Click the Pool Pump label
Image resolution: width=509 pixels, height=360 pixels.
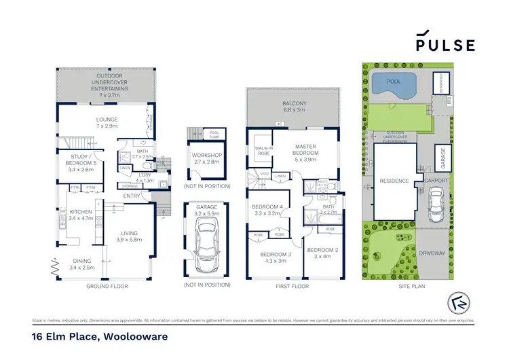click(x=216, y=134)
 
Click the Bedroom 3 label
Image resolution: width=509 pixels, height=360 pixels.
click(x=274, y=257)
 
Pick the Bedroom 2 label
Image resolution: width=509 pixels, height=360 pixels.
click(x=322, y=253)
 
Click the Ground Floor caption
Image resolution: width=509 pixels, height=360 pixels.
click(x=107, y=286)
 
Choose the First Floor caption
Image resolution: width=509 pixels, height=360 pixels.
click(x=293, y=286)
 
